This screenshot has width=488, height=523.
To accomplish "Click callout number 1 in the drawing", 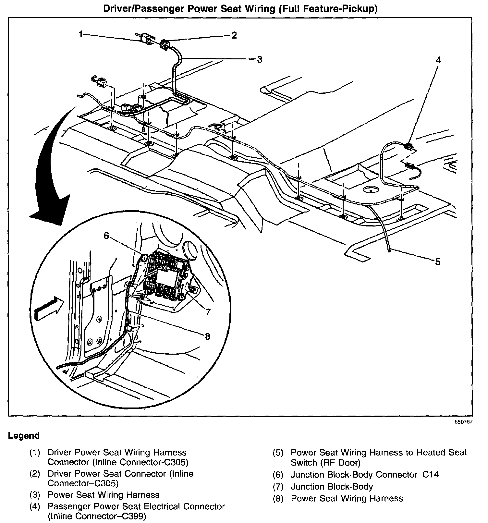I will tap(81, 33).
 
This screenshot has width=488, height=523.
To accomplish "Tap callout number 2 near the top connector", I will tap(234, 35).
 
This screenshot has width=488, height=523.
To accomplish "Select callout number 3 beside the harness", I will tap(259, 59).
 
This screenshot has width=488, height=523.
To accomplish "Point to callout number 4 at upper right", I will tap(438, 60).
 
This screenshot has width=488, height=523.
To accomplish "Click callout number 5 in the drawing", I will tap(438, 261).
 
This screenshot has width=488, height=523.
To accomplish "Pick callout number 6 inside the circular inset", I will tap(106, 236).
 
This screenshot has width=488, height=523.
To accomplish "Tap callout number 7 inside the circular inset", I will tap(208, 312).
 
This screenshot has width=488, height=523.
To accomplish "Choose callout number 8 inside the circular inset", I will tap(208, 336).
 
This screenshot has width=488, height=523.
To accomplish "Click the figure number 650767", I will tap(463, 422).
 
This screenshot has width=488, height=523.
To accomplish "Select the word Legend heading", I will tap(24, 436).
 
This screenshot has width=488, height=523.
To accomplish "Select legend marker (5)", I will tap(278, 453).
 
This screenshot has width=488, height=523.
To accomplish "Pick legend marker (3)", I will tap(35, 495).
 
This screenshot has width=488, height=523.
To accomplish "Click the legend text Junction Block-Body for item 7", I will tap(332, 487).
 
